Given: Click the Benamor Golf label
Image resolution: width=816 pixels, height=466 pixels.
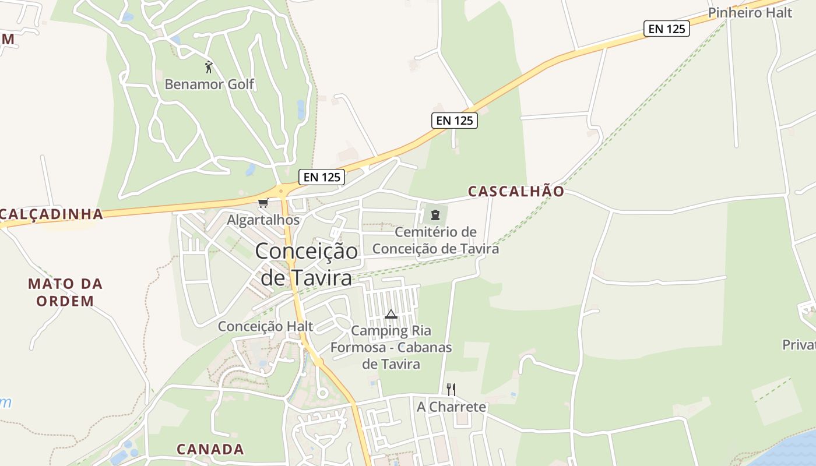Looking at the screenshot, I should coord(209,84).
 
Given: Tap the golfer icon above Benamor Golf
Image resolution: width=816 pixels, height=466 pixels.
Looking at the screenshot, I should coord(209,67).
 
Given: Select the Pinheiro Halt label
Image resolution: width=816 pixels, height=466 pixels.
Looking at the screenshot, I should coord(750,13).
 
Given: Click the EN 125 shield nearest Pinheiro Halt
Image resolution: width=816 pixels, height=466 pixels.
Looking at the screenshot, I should coord(666,29).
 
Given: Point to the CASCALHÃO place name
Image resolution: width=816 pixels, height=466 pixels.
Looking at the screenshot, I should coord(516,192).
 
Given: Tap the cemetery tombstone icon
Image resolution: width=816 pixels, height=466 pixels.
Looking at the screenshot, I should coord(435,214).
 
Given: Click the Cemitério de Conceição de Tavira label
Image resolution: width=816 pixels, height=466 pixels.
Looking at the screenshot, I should coord(435,241).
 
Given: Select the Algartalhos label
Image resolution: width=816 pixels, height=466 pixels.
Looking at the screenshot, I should coord(263,220).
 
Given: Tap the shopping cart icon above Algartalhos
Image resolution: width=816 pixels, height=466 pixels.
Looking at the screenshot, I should coord(263,203).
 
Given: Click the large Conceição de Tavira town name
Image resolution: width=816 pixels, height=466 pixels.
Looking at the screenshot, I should coord(307,264).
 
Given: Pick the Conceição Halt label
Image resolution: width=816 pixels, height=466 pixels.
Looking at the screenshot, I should coord(265,326).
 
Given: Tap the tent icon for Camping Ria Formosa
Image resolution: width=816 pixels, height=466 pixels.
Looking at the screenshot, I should coord(391,315).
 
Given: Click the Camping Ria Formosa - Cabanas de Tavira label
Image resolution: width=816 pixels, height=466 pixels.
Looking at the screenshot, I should coord(391,348).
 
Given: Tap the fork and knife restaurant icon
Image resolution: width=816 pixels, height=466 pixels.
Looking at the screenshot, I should coord(451,389).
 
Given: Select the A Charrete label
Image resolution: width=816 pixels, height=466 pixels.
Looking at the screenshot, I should coord(451,407).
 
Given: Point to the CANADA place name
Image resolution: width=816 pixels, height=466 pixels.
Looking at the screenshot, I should coord(210,450).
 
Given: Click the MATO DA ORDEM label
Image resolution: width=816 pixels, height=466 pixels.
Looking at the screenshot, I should coord(65,292).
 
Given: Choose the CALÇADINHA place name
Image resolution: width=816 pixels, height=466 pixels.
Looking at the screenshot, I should coord(51,214).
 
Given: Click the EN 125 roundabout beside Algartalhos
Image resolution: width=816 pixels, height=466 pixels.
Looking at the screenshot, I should coord(281,190).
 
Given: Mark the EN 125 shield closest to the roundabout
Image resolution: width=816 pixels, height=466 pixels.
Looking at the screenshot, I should coord(322,177).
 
